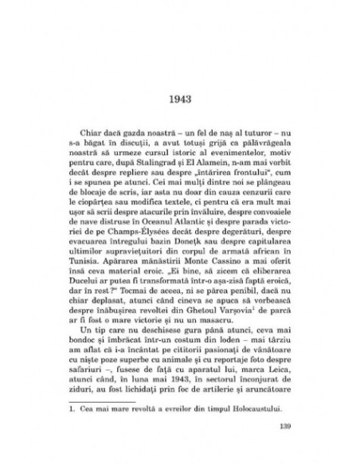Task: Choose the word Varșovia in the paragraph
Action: [x=217, y=307]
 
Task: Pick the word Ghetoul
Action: [x=181, y=307]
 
